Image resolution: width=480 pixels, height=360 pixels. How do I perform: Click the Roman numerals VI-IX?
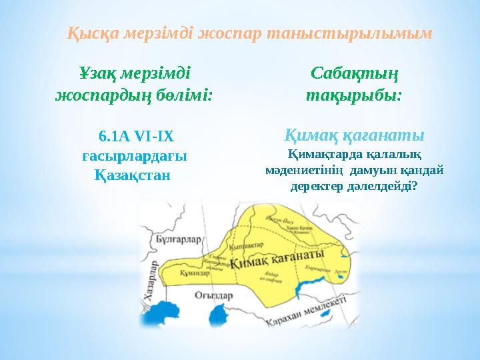153,137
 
